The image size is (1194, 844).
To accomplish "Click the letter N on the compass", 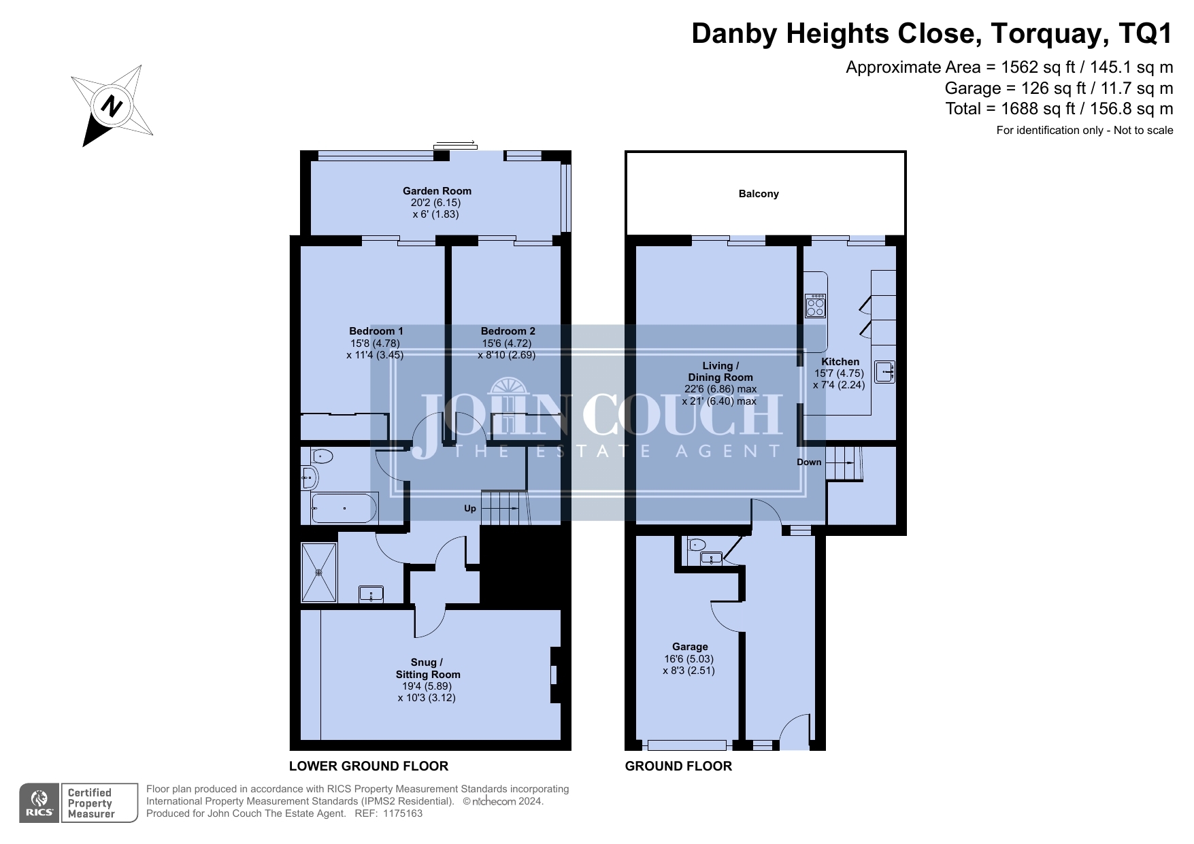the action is pos(111,107).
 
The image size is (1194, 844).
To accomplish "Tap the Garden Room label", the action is pos(437,191).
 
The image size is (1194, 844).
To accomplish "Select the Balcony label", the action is pos(759,194).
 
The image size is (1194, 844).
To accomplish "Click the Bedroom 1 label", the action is pos(376,331).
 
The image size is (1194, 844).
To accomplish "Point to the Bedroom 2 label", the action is pos(508,331).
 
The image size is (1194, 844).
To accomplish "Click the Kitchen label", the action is pos(840,362).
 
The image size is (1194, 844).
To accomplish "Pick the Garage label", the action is pos(690,647).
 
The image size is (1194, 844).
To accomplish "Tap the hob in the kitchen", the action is pos(815,305).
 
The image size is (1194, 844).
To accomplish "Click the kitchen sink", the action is pos(884,372).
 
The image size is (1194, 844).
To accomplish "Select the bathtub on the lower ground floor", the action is pos(344,508).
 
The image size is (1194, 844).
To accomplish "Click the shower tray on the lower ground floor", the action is pos(319,572).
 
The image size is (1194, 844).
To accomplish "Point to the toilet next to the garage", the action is pos(696,544).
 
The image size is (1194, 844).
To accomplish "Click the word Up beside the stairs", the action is pos(470,509).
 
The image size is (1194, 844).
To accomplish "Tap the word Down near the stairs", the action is pos(809,462).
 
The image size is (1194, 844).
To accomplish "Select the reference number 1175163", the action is pos(403,813).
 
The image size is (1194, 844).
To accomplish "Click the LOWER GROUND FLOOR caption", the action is pos(369,766).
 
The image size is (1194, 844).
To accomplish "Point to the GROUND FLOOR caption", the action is pos(678,766).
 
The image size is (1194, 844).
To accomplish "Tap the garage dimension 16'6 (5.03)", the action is pos(689,659).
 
